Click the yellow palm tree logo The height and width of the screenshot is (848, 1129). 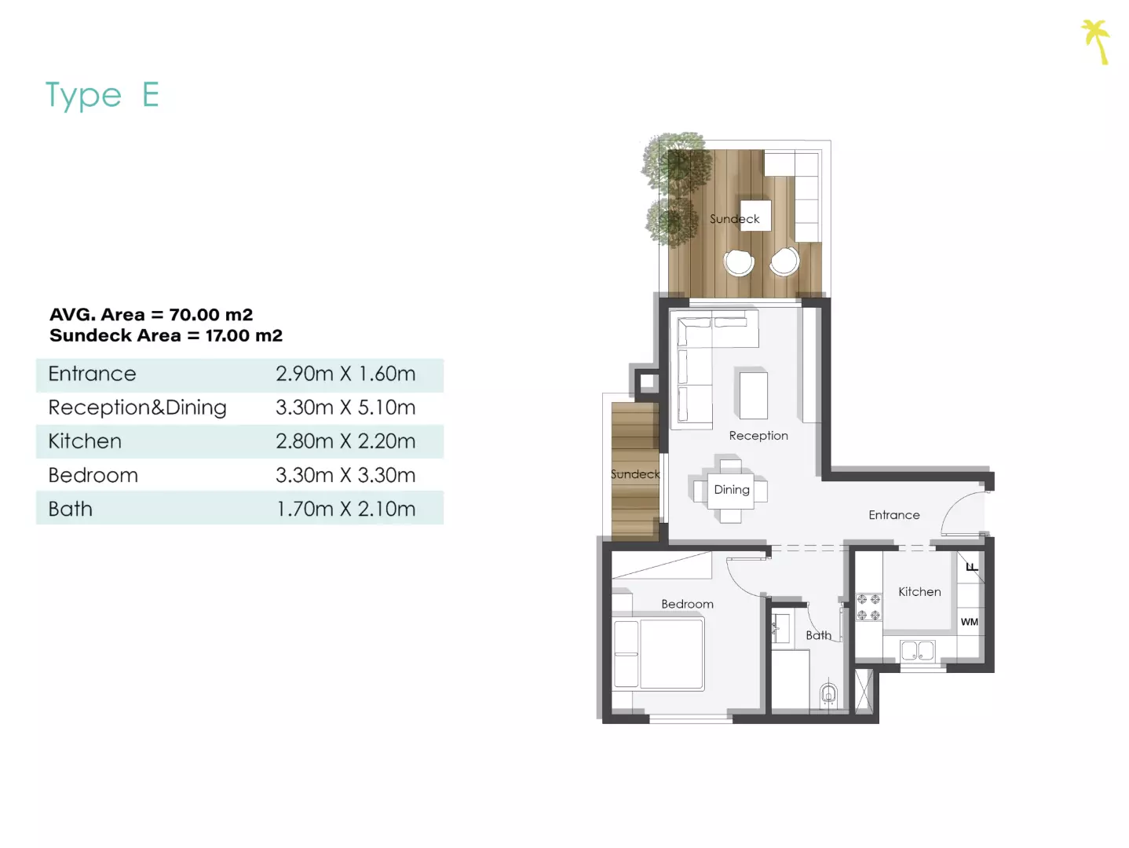1096,42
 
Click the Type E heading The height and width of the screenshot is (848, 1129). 102,95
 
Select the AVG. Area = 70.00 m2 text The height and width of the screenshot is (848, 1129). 152,314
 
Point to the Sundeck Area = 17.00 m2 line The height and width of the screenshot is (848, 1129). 166,335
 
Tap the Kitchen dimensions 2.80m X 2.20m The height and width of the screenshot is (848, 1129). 345,441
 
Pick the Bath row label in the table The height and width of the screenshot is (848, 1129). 71,509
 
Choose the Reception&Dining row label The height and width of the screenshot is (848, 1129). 137,408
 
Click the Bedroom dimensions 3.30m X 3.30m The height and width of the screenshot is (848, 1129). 345,475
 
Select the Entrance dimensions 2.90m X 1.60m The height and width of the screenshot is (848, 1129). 345,374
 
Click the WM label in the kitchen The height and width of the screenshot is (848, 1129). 970,622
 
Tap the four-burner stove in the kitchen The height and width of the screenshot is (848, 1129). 869,607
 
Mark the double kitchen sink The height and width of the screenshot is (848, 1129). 918,651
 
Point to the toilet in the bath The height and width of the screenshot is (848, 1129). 828,695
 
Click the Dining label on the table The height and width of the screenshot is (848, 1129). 732,490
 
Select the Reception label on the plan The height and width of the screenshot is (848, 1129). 758,436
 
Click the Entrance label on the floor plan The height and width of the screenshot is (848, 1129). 894,515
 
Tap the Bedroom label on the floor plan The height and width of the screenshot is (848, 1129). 688,604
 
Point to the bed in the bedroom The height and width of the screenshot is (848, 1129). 659,654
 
